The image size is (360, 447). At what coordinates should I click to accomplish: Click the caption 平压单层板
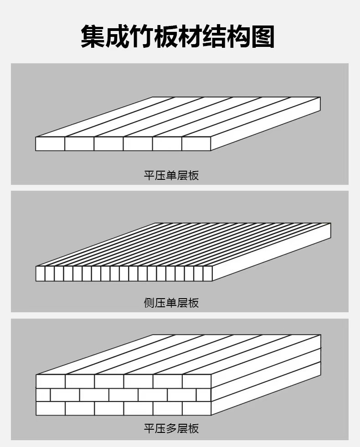tap(171, 175)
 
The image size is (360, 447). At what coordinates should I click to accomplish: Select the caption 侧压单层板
tap(171, 303)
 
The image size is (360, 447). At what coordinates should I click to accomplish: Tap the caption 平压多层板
tap(171, 428)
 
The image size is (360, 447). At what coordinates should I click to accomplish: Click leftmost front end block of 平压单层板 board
tap(50, 144)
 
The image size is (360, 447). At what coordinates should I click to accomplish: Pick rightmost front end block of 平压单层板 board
tap(196, 144)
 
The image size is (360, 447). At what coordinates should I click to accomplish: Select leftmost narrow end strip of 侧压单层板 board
tap(40, 274)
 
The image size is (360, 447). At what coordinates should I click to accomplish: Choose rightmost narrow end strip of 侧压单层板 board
tap(208, 274)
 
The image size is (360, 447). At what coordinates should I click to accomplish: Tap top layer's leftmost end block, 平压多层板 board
tap(51, 381)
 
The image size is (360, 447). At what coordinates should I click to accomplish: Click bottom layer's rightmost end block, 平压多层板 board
tap(196, 408)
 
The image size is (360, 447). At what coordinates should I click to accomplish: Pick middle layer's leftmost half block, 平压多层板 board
tap(43, 395)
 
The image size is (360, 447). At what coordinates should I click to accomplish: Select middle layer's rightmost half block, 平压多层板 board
tap(204, 395)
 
